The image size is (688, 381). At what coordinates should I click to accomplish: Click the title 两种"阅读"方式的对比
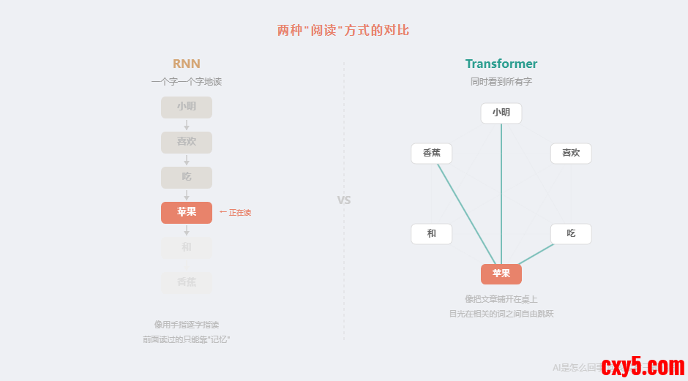343,30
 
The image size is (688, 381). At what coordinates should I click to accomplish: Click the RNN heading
187,64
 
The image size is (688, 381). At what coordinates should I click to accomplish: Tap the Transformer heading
501,64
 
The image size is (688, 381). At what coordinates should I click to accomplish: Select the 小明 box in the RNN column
187,107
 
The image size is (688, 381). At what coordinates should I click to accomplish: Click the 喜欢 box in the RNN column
187,142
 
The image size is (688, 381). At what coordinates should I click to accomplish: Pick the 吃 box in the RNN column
187,177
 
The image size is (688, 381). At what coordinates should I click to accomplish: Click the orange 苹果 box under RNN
187,212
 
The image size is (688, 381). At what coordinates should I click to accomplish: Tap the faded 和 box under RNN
187,247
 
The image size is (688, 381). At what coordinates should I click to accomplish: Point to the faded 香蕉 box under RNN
187,282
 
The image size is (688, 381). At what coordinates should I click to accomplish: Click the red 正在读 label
236,213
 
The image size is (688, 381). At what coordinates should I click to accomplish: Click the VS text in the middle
344,200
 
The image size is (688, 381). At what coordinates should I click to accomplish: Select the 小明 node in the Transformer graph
501,113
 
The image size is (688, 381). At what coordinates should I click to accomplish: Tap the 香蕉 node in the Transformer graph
432,154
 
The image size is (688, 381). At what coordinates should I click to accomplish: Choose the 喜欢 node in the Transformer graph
571,154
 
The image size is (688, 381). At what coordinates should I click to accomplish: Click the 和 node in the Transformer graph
432,234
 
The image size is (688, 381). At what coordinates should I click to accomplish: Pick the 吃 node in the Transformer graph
571,234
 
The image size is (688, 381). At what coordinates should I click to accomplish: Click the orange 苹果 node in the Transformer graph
501,274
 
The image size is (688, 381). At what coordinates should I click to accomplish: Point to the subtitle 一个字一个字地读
187,82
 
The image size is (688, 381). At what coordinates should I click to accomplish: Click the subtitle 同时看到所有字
501,82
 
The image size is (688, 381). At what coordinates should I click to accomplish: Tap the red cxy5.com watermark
643,366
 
